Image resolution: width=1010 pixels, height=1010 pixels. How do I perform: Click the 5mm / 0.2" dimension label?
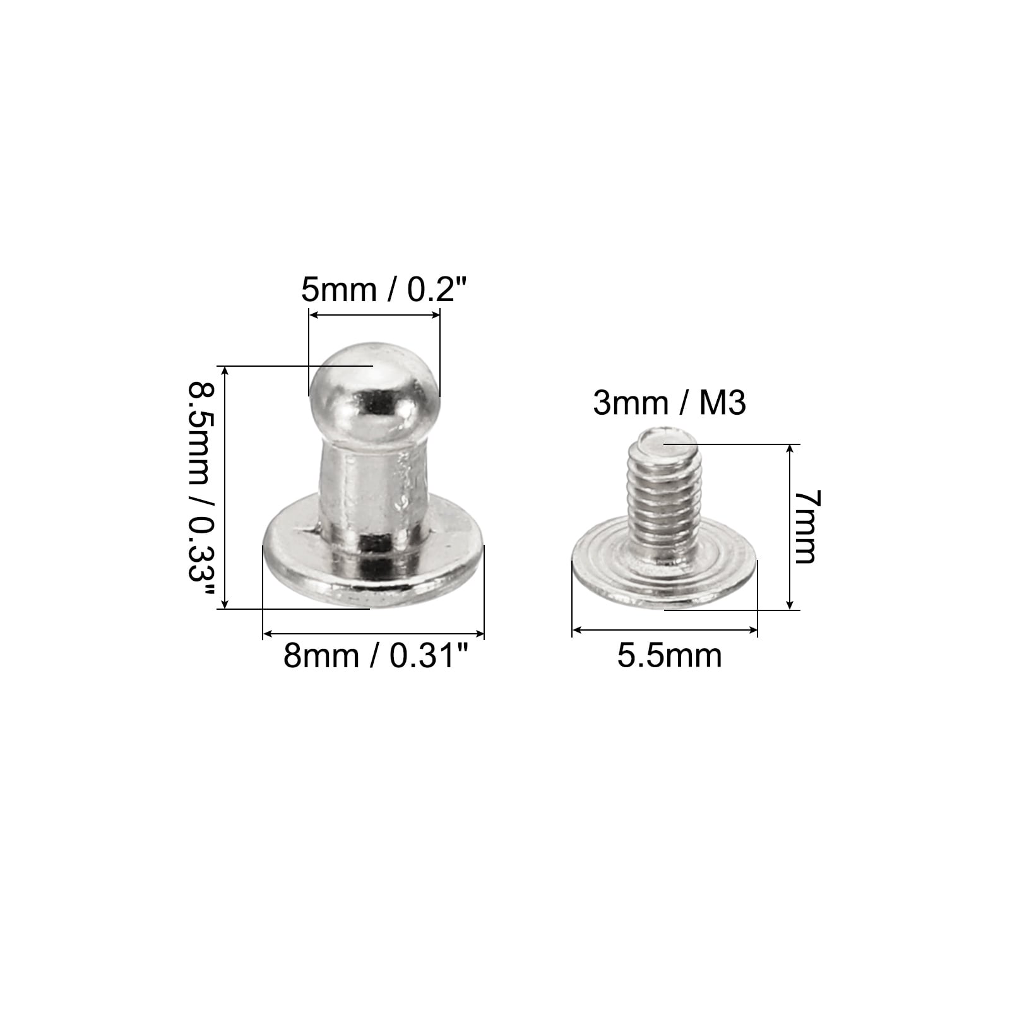point(384,290)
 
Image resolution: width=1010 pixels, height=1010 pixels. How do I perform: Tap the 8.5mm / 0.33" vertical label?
point(201,490)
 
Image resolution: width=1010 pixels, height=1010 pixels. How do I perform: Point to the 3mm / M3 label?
point(670,403)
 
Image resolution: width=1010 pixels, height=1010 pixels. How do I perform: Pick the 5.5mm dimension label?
point(669,655)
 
